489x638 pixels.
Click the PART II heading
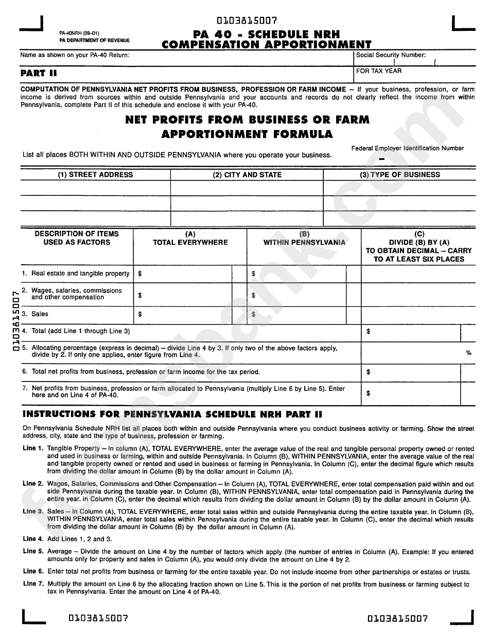pyautogui.click(x=39, y=73)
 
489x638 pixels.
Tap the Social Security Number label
pyautogui.click(x=391, y=55)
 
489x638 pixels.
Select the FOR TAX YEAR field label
pyautogui.click(x=379, y=71)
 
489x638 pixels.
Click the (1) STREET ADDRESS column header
pyautogui.click(x=95, y=175)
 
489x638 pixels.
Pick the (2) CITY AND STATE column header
pyautogui.click(x=247, y=175)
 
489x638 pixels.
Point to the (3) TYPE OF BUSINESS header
pyautogui.click(x=399, y=175)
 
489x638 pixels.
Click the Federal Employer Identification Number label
pyautogui.click(x=408, y=148)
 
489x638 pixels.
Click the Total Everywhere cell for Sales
pyautogui.click(x=185, y=314)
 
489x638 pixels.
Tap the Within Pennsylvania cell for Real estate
pyautogui.click(x=299, y=274)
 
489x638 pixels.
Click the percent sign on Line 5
pyautogui.click(x=468, y=353)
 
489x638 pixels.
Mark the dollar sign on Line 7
pyautogui.click(x=369, y=393)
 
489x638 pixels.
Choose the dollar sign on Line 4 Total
pyautogui.click(x=369, y=332)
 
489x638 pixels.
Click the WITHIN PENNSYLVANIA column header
pyautogui.click(x=304, y=242)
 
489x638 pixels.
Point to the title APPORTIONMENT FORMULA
pyautogui.click(x=247, y=135)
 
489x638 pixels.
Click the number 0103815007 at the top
pyautogui.click(x=248, y=21)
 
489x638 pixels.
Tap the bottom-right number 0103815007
pyautogui.click(x=398, y=618)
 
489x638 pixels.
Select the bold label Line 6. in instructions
pyautogui.click(x=33, y=571)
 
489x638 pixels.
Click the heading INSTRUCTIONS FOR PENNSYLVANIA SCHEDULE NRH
pyautogui.click(x=172, y=414)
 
